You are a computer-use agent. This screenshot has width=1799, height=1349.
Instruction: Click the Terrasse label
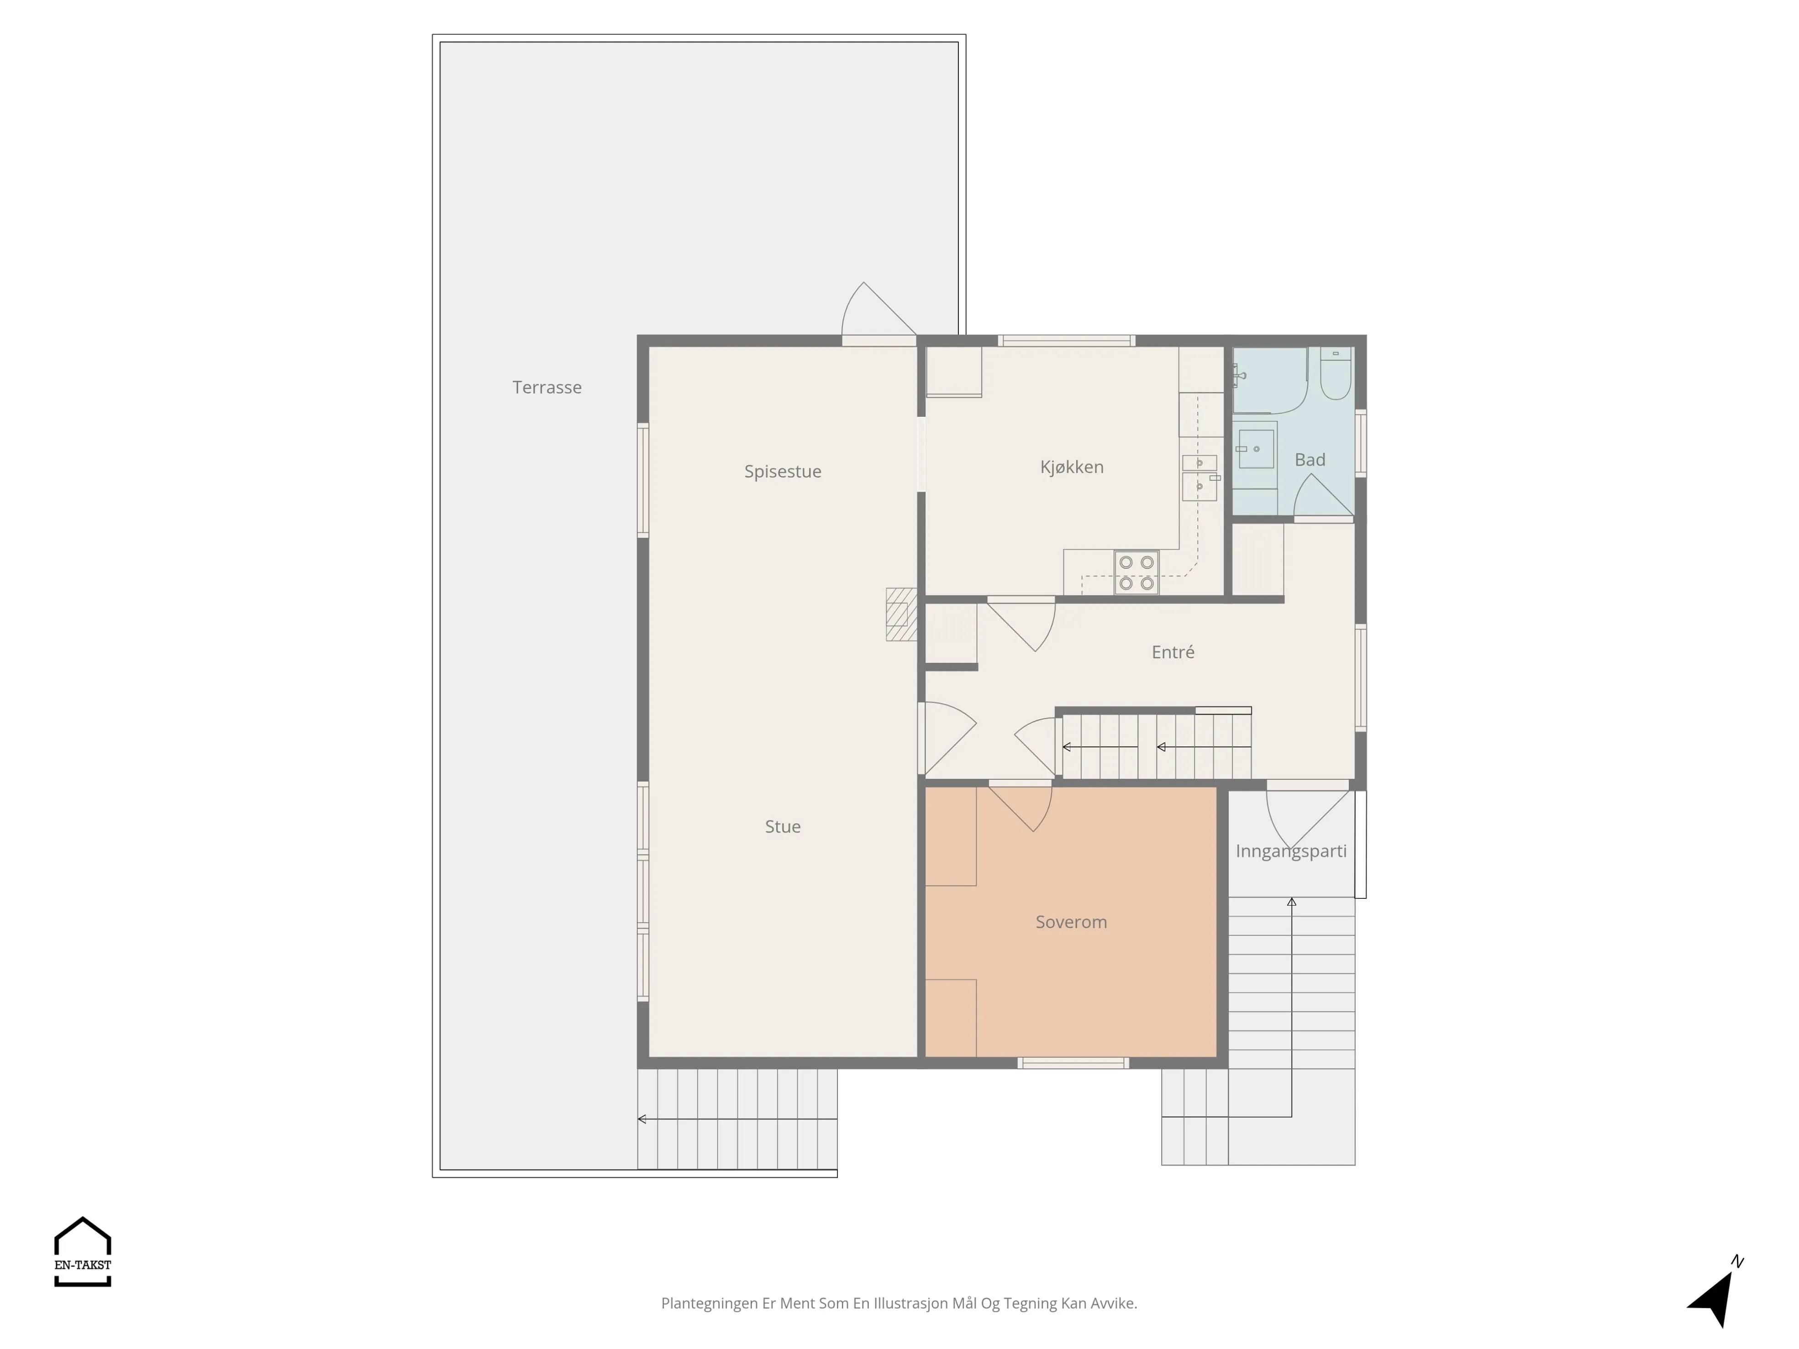click(x=547, y=387)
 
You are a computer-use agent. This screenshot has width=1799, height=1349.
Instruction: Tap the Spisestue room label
click(x=783, y=472)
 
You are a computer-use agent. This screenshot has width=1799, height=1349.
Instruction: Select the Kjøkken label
click(x=1072, y=467)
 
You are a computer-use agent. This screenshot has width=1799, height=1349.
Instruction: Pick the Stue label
click(x=783, y=826)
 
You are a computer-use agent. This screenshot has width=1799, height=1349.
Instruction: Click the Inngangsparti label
click(x=1291, y=851)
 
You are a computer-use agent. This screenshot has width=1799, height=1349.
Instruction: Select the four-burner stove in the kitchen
click(x=1136, y=572)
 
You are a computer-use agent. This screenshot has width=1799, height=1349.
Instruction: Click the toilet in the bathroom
click(x=1336, y=373)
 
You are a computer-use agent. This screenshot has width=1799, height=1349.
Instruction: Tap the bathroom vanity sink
click(x=1256, y=449)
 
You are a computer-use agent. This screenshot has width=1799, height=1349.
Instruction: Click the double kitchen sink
click(x=1199, y=478)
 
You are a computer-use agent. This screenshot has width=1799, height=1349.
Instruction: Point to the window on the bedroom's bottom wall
click(x=1073, y=1063)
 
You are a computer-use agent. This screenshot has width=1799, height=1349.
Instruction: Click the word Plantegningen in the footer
click(x=709, y=1303)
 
